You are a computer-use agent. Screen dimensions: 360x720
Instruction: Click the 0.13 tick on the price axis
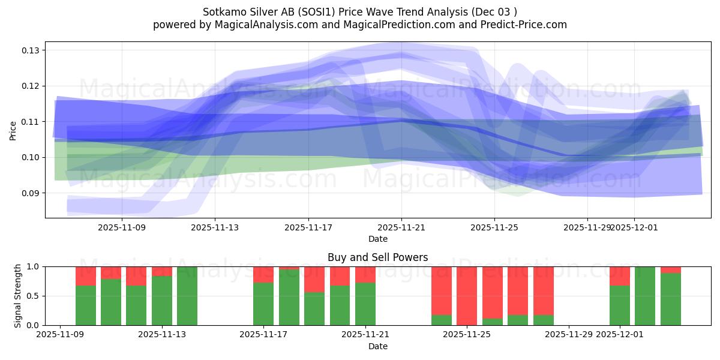click(x=31, y=50)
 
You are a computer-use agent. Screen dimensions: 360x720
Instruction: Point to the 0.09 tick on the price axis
click(x=31, y=193)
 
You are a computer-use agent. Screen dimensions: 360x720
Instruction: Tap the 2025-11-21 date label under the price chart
click(x=401, y=228)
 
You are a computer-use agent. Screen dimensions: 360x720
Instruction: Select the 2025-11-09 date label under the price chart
click(x=122, y=228)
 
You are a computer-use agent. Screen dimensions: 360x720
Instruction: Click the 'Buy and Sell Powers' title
click(x=377, y=257)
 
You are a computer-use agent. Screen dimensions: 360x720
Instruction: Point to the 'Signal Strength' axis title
click(x=18, y=296)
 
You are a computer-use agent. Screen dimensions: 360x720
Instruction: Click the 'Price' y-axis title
click(x=13, y=130)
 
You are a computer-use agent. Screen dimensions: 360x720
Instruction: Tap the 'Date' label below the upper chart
click(x=377, y=239)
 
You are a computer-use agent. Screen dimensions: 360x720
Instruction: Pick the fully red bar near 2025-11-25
click(x=467, y=296)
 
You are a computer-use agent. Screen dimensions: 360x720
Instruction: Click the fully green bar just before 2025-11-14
click(x=187, y=296)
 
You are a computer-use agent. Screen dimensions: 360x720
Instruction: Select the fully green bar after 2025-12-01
click(x=645, y=296)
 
